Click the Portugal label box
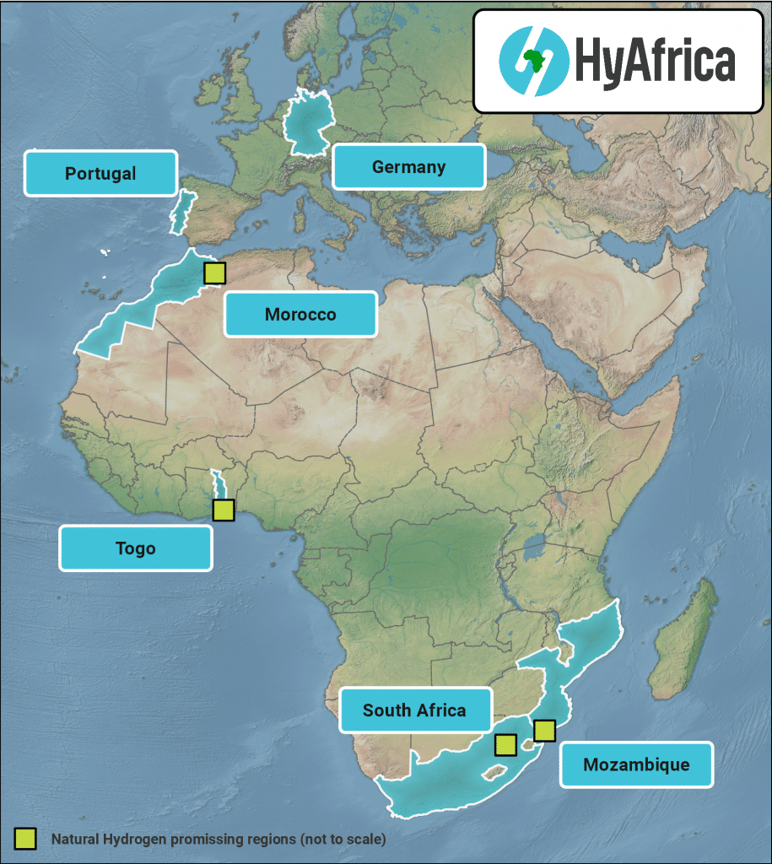click(100, 174)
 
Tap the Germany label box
click(408, 166)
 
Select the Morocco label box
click(300, 315)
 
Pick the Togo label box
click(135, 548)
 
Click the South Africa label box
click(414, 710)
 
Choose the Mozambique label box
click(636, 764)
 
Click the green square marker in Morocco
click(215, 273)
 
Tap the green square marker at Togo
click(223, 510)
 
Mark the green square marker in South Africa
click(505, 744)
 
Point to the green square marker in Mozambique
click(545, 730)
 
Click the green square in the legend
click(25, 839)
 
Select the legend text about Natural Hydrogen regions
click(218, 840)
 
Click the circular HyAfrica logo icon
click(533, 61)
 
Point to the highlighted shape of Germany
click(305, 124)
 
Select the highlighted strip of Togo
click(218, 484)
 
